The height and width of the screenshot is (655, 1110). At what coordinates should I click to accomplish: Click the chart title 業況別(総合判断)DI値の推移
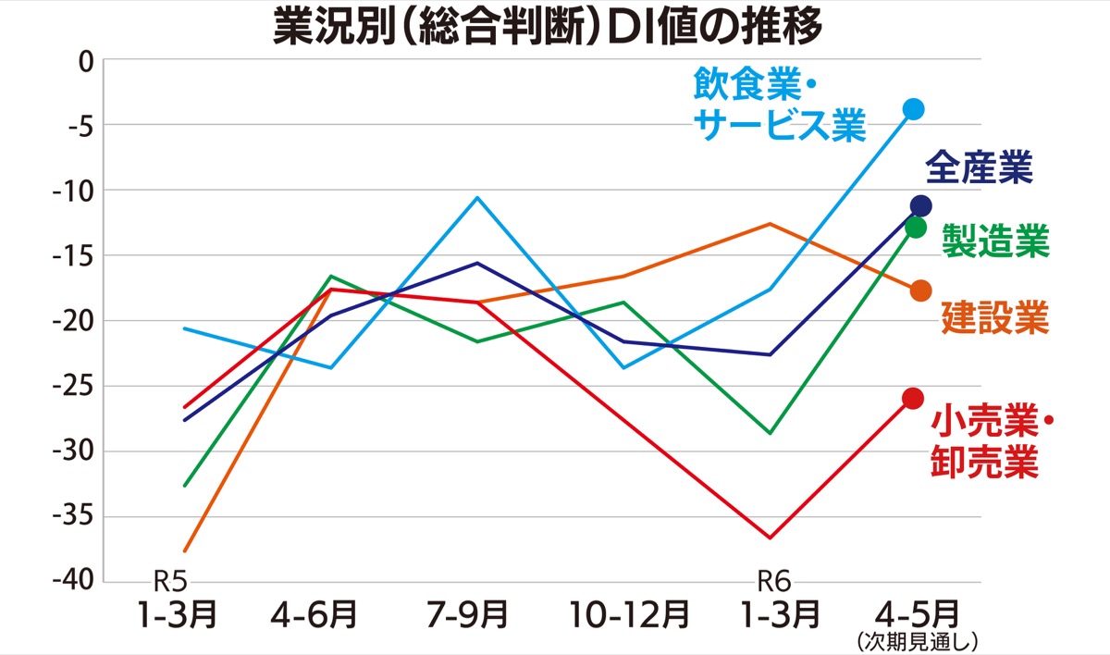pyautogui.click(x=547, y=28)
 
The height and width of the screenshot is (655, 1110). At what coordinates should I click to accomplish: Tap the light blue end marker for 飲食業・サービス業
pyautogui.click(x=914, y=109)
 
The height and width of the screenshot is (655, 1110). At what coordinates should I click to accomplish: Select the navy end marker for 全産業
pyautogui.click(x=920, y=205)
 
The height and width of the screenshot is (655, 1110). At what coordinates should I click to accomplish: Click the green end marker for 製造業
pyautogui.click(x=916, y=227)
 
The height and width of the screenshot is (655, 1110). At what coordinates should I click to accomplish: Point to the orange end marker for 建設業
pyautogui.click(x=920, y=291)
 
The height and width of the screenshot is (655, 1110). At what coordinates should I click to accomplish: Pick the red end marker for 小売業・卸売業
pyautogui.click(x=913, y=399)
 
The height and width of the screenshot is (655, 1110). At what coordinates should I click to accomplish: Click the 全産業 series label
pyautogui.click(x=979, y=169)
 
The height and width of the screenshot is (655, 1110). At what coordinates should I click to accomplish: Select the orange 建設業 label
pyautogui.click(x=995, y=317)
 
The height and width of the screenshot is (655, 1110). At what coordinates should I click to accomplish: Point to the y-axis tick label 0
pyautogui.click(x=87, y=61)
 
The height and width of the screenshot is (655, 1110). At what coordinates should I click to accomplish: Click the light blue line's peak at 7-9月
pyautogui.click(x=477, y=197)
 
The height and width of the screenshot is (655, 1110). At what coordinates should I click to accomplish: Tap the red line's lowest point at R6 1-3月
pyautogui.click(x=770, y=538)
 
